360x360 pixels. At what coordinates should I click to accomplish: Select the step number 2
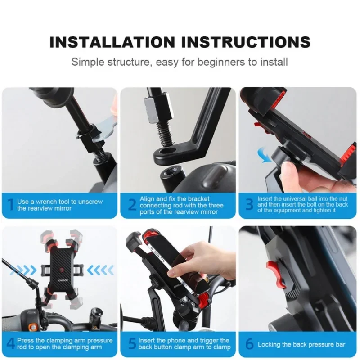point(132,205)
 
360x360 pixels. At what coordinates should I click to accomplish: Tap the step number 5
point(131,344)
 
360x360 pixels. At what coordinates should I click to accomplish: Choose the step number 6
point(249,344)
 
